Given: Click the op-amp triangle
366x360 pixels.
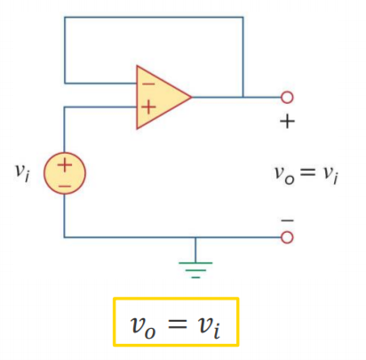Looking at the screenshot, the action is [160, 97].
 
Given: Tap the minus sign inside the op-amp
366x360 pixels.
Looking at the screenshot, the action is [148, 84].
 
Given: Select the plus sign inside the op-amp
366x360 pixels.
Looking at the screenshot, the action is [148, 107].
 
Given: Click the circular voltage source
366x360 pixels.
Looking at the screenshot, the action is [65, 173].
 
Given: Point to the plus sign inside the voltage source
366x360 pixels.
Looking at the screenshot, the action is [65, 165].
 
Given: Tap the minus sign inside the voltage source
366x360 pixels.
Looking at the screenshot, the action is [65, 186].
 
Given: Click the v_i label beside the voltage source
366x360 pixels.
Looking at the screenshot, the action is [22, 172].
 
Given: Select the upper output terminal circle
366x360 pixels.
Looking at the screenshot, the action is [287, 97].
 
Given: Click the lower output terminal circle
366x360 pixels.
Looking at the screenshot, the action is [287, 237].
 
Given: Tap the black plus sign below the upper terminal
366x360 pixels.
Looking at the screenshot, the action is [287, 122].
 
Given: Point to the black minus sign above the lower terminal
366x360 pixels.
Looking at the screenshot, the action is [287, 220].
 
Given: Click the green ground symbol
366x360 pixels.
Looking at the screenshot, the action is [195, 269].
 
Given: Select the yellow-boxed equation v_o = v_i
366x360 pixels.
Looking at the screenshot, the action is [176, 322].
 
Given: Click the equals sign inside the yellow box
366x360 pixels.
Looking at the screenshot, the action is [178, 324].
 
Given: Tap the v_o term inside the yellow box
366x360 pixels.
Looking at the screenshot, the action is [143, 327].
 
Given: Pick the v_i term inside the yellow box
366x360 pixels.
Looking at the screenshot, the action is [209, 325].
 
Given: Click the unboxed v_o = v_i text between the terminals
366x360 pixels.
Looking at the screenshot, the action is [306, 175].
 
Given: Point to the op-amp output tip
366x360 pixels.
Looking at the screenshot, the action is [192, 97].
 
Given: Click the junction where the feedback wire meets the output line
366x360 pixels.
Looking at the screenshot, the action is [243, 97].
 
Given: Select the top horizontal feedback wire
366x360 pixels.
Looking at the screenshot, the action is [154, 17].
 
